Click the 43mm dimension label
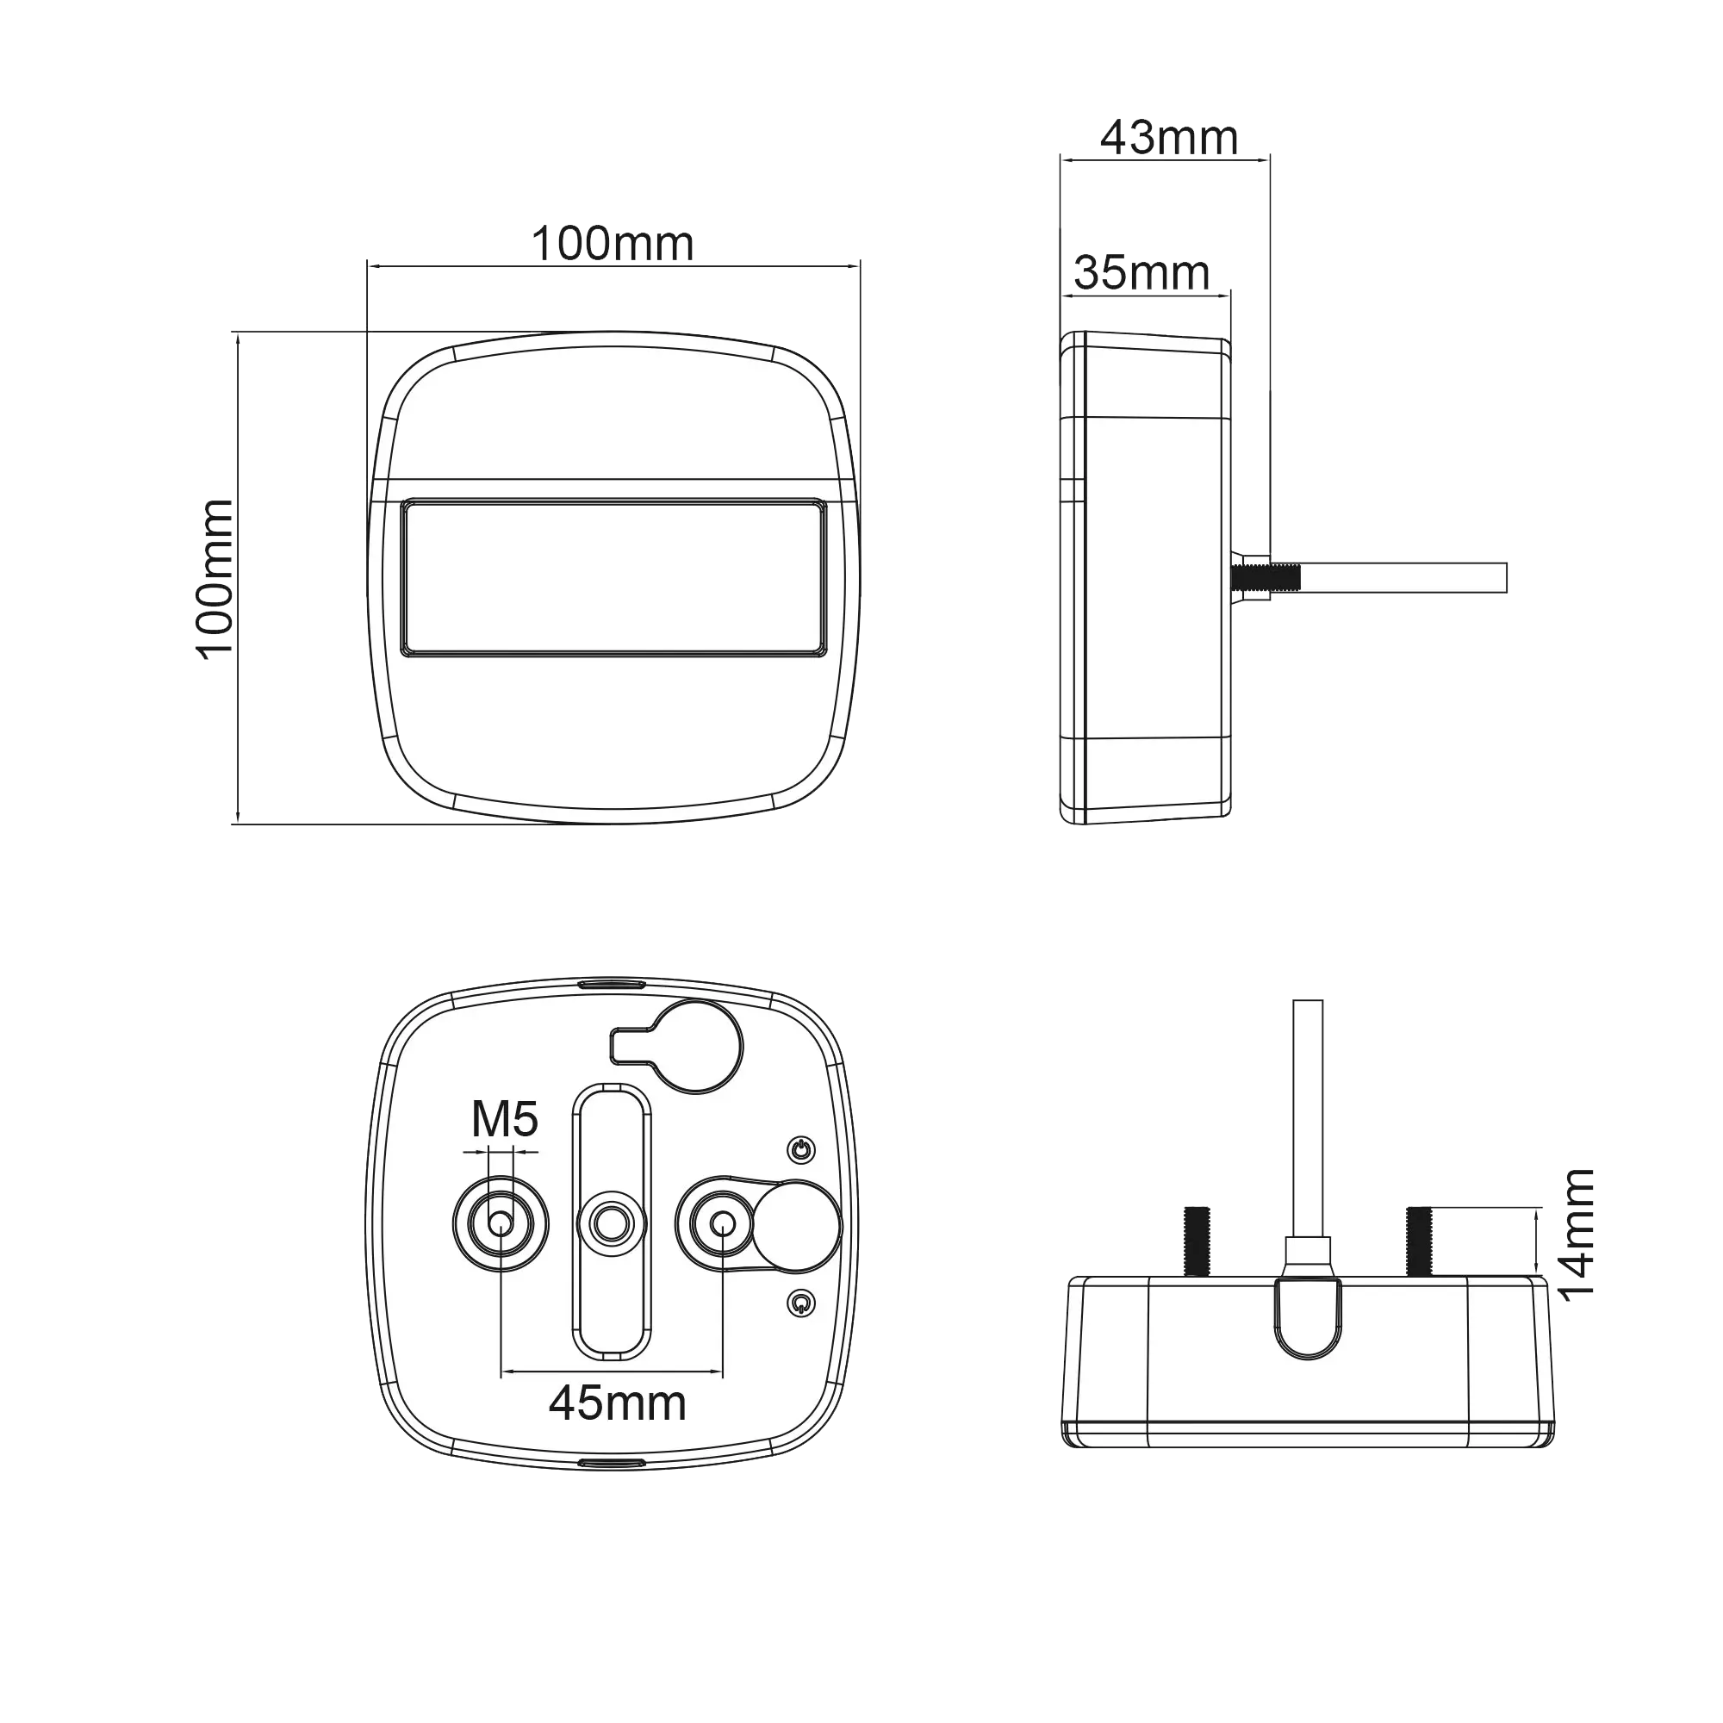pos(1169,138)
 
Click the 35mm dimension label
pos(1141,273)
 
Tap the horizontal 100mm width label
pos(613,244)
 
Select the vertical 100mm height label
pos(214,580)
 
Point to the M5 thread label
pos(505,1119)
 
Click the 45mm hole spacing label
pos(617,1403)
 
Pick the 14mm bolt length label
pos(1575,1235)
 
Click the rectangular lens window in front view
pos(613,578)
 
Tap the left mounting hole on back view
pos(501,1223)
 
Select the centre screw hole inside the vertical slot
pos(612,1223)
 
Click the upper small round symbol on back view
pos(802,1149)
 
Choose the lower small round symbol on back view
pos(802,1303)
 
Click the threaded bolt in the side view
pos(1265,578)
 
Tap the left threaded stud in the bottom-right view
pos(1197,1241)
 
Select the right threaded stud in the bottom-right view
pos(1420,1241)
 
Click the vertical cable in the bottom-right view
pos(1308,1118)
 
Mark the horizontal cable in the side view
pos(1403,578)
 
